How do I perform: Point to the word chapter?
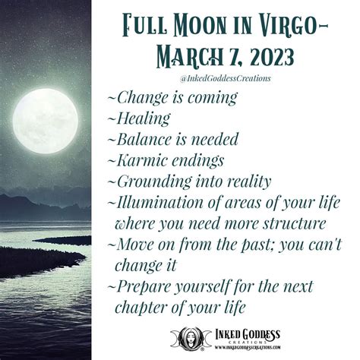coord(142,308)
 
